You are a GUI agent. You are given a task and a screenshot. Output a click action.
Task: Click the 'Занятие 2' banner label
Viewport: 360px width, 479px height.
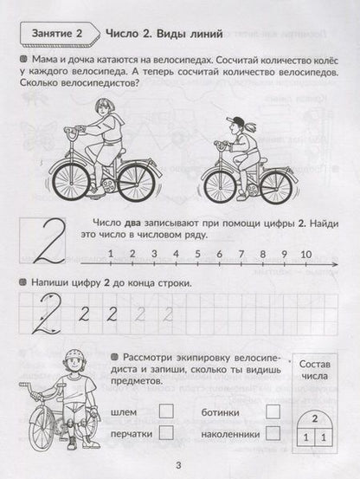57,33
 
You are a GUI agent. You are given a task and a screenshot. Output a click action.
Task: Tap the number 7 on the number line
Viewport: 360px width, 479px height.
241,254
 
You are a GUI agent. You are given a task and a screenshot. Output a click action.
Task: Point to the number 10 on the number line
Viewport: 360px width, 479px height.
306,254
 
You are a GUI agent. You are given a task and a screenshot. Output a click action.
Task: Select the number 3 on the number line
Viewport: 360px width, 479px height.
154,254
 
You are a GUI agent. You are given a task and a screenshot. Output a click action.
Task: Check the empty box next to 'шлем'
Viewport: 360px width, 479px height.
166,411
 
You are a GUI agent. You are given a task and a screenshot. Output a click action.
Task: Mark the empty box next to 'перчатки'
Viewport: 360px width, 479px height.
166,432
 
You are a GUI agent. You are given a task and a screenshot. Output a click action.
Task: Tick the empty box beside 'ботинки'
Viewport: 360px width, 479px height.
273,411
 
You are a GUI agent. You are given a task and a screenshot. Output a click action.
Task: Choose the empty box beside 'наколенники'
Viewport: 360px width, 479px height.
273,433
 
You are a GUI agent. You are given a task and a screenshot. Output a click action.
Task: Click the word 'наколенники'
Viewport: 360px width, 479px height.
231,434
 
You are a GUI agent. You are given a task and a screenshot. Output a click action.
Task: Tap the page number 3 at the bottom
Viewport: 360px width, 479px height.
179,465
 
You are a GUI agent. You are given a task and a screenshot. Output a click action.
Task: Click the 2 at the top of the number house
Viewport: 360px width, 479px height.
314,418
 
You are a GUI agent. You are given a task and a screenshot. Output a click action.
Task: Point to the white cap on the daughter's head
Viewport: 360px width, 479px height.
235,121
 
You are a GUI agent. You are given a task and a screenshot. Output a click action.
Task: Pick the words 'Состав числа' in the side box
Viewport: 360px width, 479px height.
314,370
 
